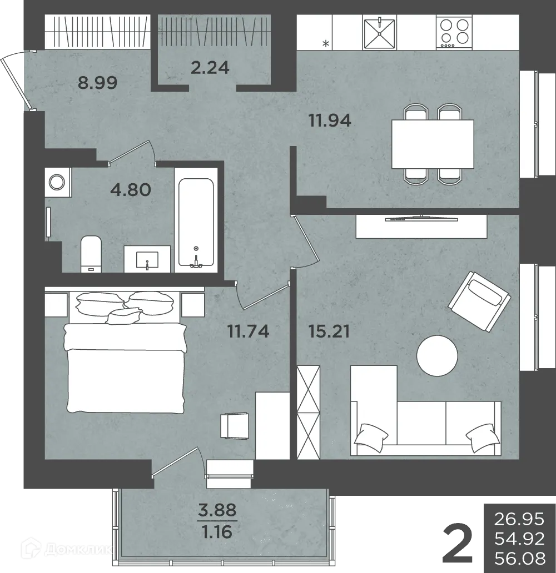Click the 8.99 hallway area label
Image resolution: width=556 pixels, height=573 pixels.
coord(97,83)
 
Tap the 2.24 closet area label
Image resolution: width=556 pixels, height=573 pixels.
coord(210,68)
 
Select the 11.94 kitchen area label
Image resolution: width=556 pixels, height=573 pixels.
coord(330,120)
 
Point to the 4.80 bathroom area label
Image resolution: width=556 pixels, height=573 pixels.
coord(131,190)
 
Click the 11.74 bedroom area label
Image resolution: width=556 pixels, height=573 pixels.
coord(248,331)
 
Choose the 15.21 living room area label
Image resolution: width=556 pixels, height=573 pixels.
coord(329,331)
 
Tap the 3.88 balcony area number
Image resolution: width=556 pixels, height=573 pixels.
coord(217,509)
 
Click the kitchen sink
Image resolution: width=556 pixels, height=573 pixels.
coord(379,32)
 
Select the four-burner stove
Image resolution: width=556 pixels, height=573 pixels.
coord(454,32)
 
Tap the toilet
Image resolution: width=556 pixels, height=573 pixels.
coord(91,254)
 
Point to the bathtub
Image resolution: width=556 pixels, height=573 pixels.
coord(196,223)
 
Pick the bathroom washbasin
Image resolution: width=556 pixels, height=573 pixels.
coord(147,259)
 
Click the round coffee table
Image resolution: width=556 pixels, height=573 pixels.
coord(438,355)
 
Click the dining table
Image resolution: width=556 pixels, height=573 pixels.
coord(433,144)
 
